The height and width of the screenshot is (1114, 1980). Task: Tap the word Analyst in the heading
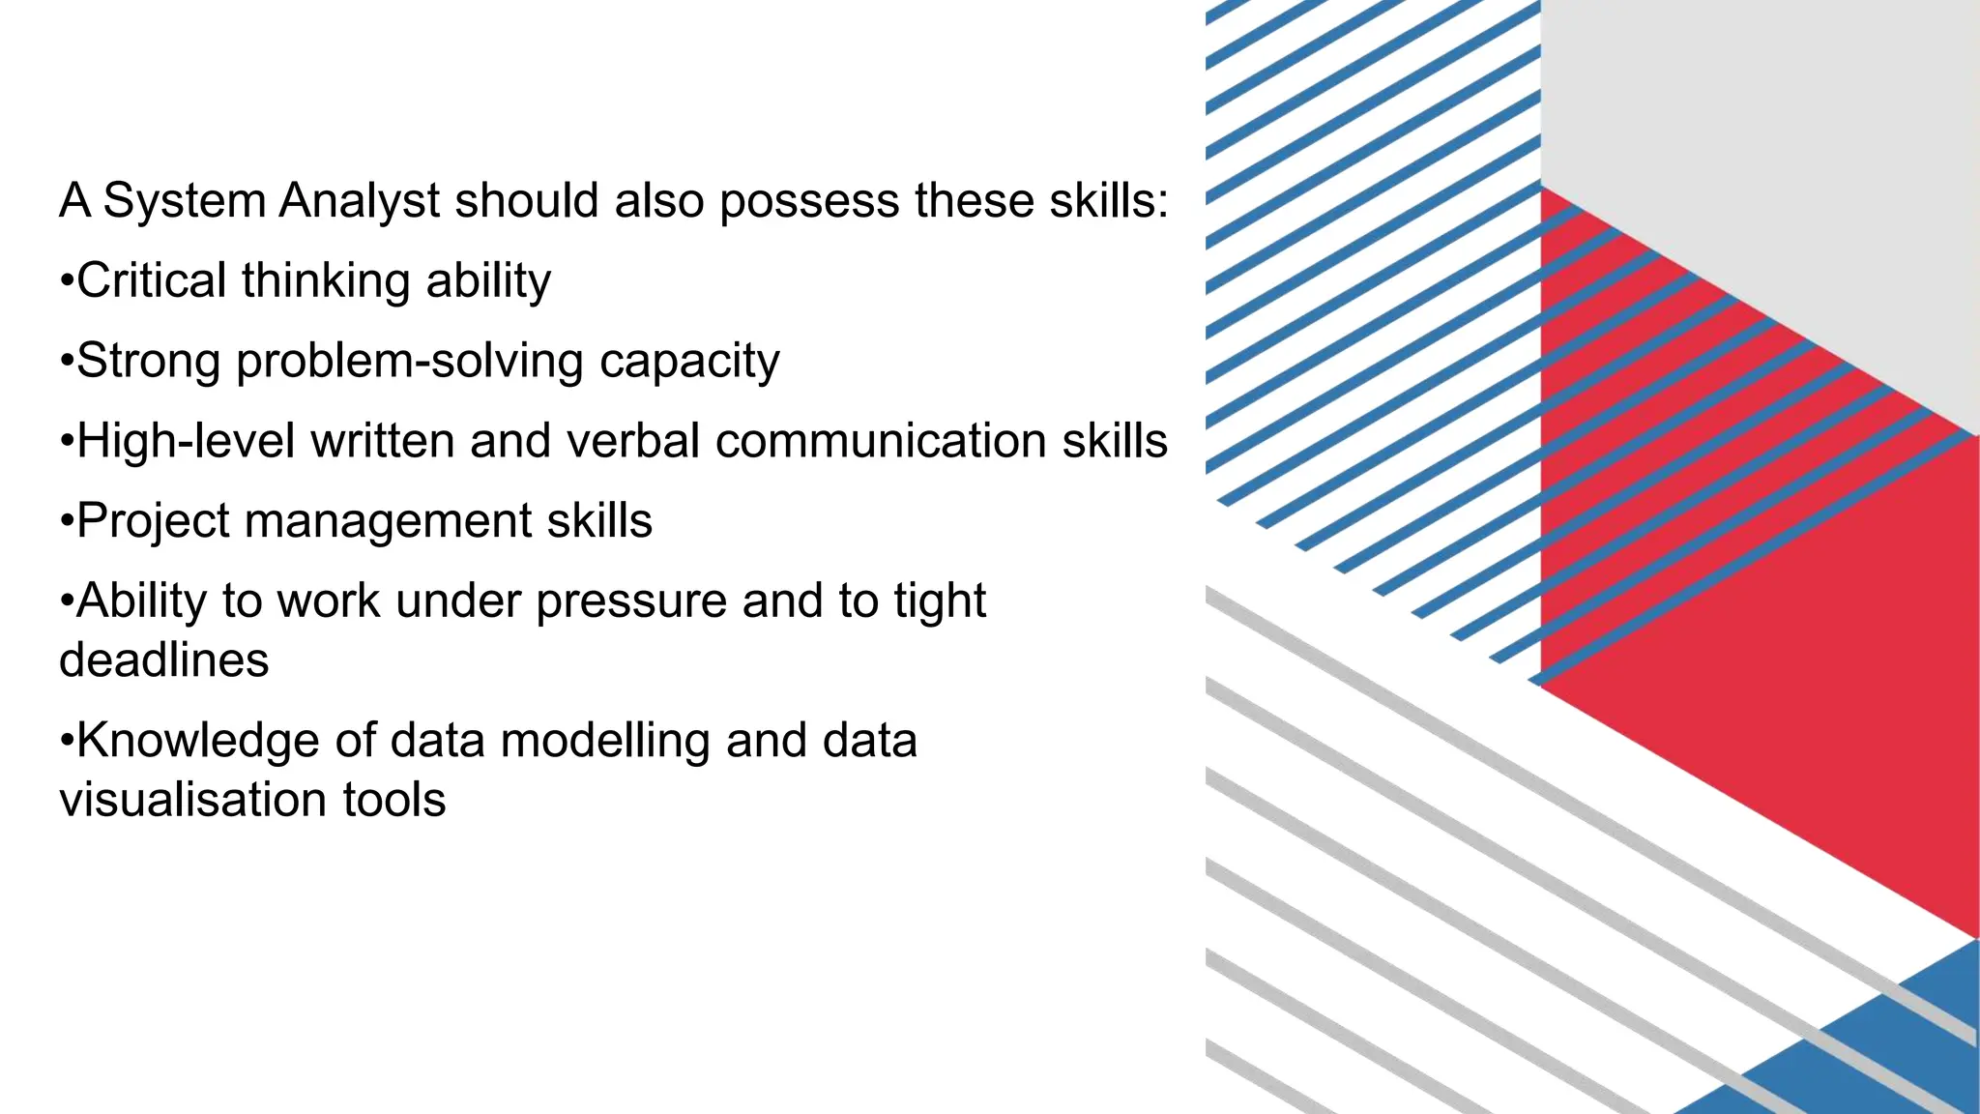pyautogui.click(x=360, y=201)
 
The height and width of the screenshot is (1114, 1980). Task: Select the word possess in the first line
pyautogui.click(x=808, y=201)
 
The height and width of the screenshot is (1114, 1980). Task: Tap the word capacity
pyautogui.click(x=688, y=362)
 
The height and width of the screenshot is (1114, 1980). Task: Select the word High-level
pyautogui.click(x=186, y=441)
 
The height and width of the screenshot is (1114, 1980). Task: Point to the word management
pyautogui.click(x=388, y=521)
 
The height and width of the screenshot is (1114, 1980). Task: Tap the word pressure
pyautogui.click(x=631, y=601)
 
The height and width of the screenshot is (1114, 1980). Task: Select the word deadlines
pyautogui.click(x=164, y=660)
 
